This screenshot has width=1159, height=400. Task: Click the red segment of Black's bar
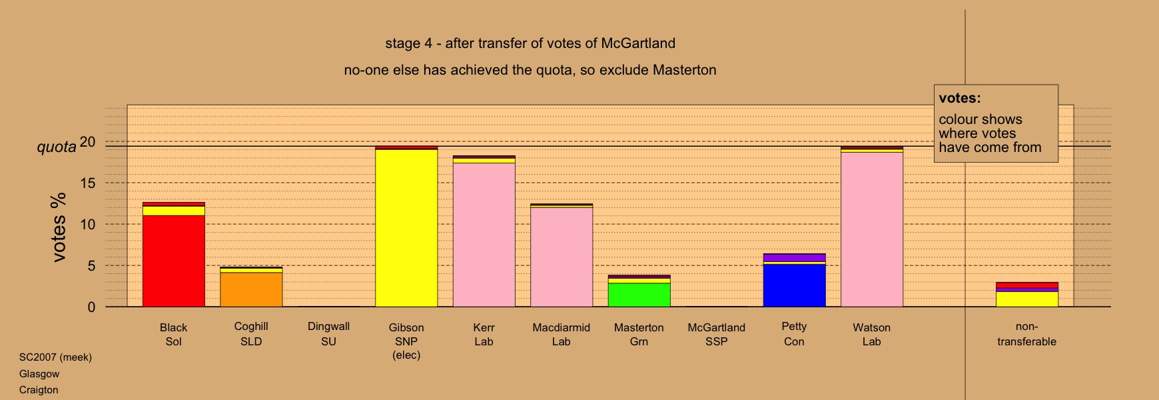[x=174, y=261]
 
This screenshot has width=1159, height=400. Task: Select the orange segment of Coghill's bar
[x=251, y=289]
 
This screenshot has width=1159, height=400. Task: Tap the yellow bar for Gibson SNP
[x=406, y=228]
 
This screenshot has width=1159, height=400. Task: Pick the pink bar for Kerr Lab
[x=484, y=235]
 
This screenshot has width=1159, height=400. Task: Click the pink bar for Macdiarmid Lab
[x=562, y=257]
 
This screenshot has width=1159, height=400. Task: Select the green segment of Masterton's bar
[x=639, y=295]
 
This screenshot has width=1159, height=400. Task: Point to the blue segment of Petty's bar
[x=795, y=285]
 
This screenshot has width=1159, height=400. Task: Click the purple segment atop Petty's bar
[x=795, y=257]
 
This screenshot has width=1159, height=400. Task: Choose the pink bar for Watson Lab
[x=872, y=229]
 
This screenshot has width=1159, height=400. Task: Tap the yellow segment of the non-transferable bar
[x=1027, y=299]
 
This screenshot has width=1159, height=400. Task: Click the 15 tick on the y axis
[x=88, y=183]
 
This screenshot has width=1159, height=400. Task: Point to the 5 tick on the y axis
[x=91, y=266]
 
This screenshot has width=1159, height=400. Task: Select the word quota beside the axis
[x=57, y=147]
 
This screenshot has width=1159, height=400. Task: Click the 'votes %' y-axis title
[x=59, y=227]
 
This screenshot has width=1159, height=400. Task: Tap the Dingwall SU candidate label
[x=328, y=334]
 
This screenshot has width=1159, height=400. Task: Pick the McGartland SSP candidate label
[x=717, y=335]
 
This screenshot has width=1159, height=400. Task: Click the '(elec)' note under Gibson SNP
[x=406, y=355]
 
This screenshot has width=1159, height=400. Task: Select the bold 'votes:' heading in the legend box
[x=960, y=98]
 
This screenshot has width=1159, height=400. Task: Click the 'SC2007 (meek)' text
[x=55, y=357]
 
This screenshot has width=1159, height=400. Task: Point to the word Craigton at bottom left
[x=39, y=390]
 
